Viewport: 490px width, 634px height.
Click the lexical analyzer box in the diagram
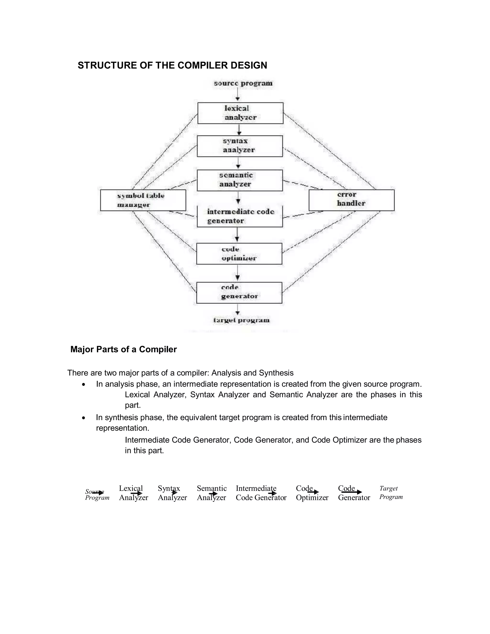(240, 113)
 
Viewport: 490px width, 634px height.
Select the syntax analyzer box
(240, 146)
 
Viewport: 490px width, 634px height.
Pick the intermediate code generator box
(240, 217)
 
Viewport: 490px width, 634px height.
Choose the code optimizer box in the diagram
(239, 254)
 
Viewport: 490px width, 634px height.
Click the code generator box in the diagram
(239, 293)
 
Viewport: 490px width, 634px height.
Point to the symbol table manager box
(143, 200)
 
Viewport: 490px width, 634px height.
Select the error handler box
(351, 200)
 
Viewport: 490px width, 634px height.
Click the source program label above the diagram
(243, 83)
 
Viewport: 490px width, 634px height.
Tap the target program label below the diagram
(241, 320)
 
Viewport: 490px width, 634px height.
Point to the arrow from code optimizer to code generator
(238, 273)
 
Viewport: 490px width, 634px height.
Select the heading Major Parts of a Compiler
(123, 349)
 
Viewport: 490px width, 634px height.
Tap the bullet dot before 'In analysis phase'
(84, 385)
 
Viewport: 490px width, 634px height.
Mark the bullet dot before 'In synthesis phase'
(84, 418)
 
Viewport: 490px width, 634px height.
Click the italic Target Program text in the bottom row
(391, 493)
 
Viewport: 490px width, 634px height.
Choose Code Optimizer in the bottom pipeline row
(312, 493)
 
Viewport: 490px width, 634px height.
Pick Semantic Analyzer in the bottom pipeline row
(212, 493)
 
